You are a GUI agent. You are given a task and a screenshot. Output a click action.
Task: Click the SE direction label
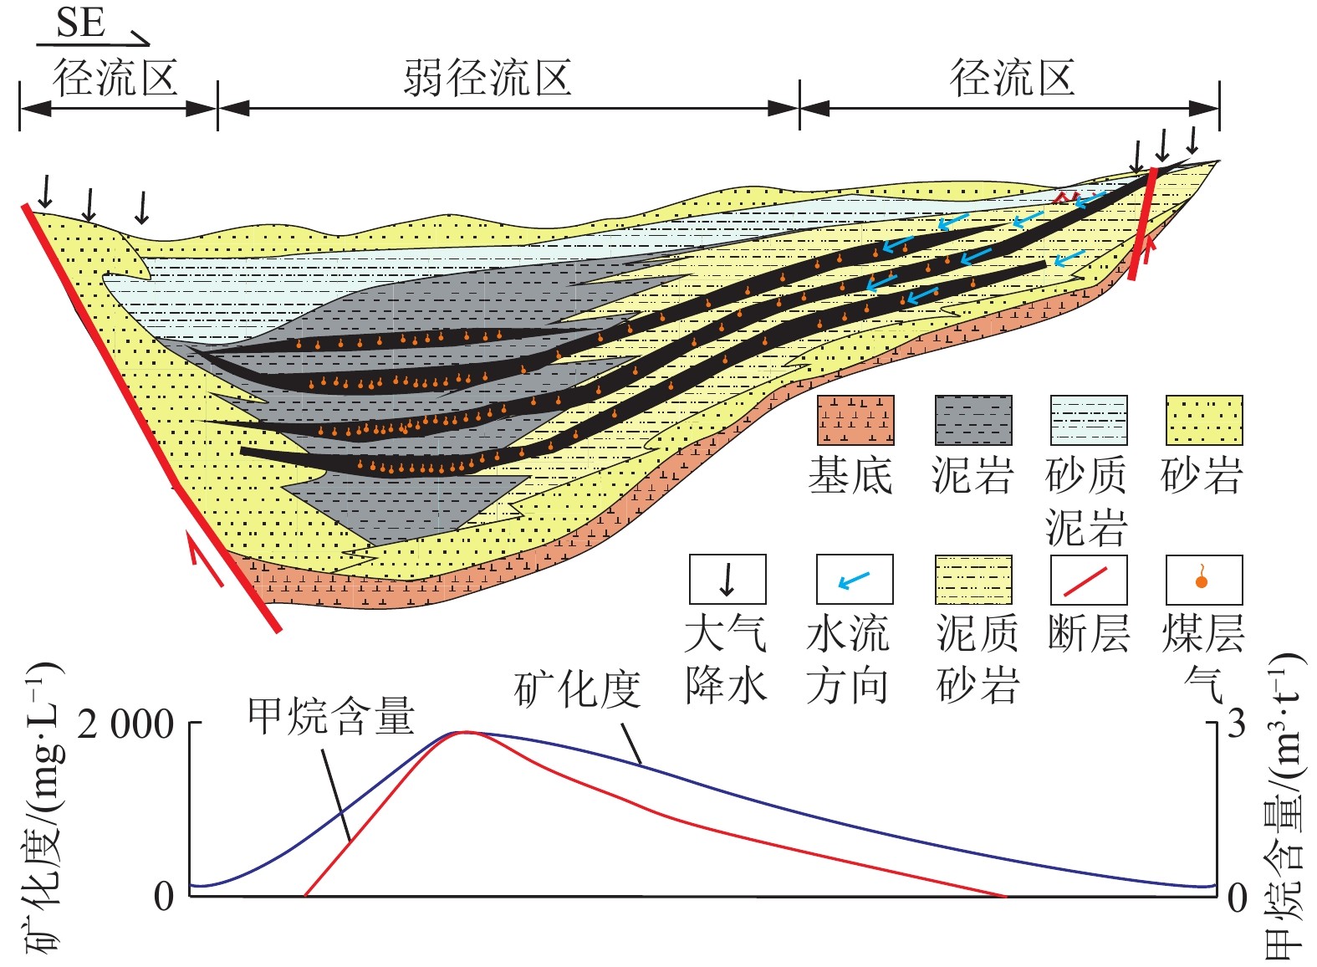[x=81, y=23]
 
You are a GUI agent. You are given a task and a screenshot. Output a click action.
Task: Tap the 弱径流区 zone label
[x=487, y=79]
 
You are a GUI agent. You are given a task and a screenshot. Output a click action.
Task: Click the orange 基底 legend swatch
[x=855, y=421]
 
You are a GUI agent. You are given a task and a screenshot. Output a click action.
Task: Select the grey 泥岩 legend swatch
[x=972, y=421]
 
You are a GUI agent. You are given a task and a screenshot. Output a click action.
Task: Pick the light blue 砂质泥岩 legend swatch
[x=1088, y=421]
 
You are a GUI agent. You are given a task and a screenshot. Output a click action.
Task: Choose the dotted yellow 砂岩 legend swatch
[x=1203, y=421]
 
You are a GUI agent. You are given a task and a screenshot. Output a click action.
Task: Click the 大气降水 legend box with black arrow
[x=727, y=579]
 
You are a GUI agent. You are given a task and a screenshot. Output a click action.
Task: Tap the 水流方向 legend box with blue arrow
[x=854, y=579]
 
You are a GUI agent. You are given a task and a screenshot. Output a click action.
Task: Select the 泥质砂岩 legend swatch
[x=972, y=579]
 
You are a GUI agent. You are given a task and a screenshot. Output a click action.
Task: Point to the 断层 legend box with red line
[x=1088, y=579]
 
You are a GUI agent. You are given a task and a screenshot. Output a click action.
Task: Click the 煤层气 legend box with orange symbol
[x=1203, y=579]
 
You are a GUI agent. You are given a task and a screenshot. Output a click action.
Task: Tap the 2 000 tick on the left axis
[x=125, y=724]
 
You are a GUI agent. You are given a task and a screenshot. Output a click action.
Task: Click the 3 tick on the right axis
[x=1237, y=724]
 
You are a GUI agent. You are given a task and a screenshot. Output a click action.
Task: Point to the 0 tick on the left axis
[x=164, y=897]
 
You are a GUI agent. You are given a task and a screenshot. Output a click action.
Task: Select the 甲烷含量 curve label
[x=331, y=717]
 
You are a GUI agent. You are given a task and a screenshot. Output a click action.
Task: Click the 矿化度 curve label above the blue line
[x=577, y=690]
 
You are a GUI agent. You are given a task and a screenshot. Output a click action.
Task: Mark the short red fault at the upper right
[x=1142, y=223]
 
